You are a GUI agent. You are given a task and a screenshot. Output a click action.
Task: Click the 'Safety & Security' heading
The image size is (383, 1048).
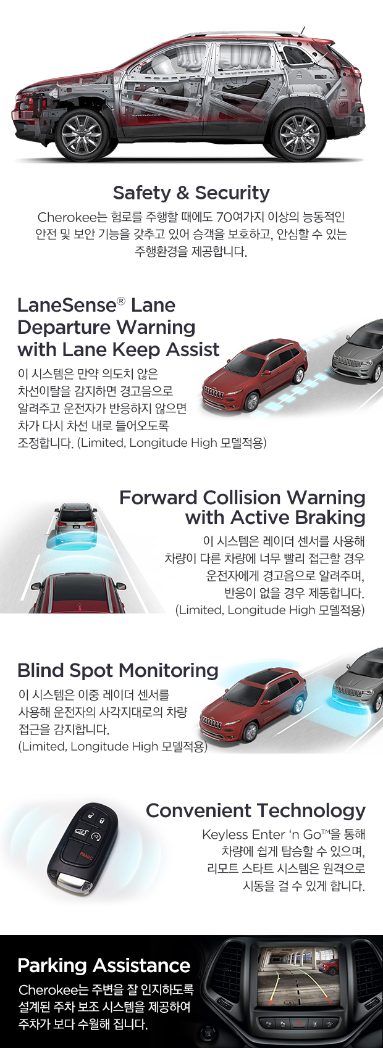pyautogui.click(x=192, y=193)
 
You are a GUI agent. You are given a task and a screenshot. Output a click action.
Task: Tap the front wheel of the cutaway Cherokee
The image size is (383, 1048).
pyautogui.click(x=82, y=134)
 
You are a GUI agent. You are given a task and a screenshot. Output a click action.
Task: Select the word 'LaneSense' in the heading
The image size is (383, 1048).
pyautogui.click(x=67, y=305)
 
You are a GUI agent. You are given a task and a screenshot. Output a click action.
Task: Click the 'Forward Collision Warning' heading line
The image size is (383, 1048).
pyautogui.click(x=242, y=497)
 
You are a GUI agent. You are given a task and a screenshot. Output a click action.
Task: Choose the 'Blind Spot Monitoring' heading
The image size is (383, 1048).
pyautogui.click(x=118, y=670)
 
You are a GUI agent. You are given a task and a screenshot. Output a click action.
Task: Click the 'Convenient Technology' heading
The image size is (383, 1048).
pyautogui.click(x=256, y=810)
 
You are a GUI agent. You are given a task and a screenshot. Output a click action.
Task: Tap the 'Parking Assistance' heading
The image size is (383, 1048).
pyautogui.click(x=104, y=965)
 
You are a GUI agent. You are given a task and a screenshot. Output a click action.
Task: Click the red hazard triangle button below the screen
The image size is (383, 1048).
pyautogui.click(x=299, y=1022)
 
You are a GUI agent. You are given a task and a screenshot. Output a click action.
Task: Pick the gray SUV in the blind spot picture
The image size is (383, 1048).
pyautogui.click(x=360, y=685)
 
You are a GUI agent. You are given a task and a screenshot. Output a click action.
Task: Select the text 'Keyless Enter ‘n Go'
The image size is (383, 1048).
pyautogui.click(x=261, y=834)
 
